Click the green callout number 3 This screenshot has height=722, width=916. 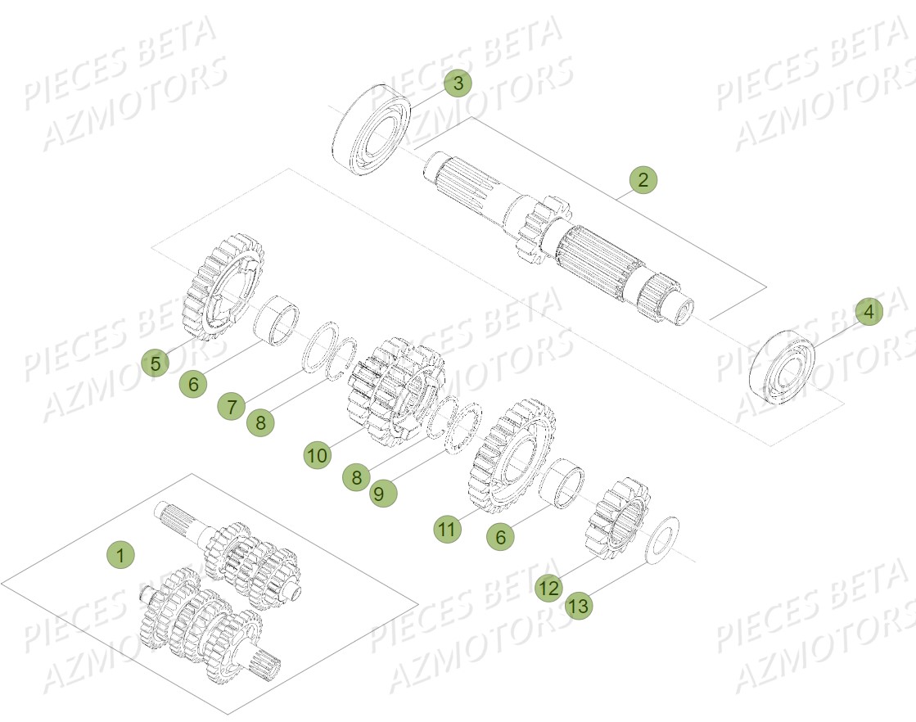tap(458, 83)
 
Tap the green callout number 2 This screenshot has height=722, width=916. tap(643, 180)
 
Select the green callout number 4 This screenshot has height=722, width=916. tap(869, 311)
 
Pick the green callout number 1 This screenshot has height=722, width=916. tap(120, 554)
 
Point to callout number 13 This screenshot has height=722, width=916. tap(578, 607)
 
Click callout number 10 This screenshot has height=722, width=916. tap(318, 454)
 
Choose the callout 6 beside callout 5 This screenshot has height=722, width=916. tap(193, 383)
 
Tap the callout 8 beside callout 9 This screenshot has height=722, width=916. tap(355, 476)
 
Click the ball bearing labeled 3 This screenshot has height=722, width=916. tap(372, 128)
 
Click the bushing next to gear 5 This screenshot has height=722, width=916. tap(276, 322)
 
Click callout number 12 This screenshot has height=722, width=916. tap(548, 587)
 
